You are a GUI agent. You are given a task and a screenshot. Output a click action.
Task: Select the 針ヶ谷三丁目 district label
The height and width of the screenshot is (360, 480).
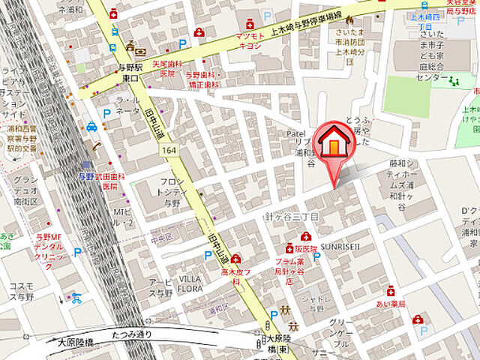pyautogui.click(x=292, y=216)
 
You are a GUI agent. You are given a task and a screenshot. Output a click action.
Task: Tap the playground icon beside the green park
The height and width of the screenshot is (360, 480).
pyautogui.click(x=456, y=79)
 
